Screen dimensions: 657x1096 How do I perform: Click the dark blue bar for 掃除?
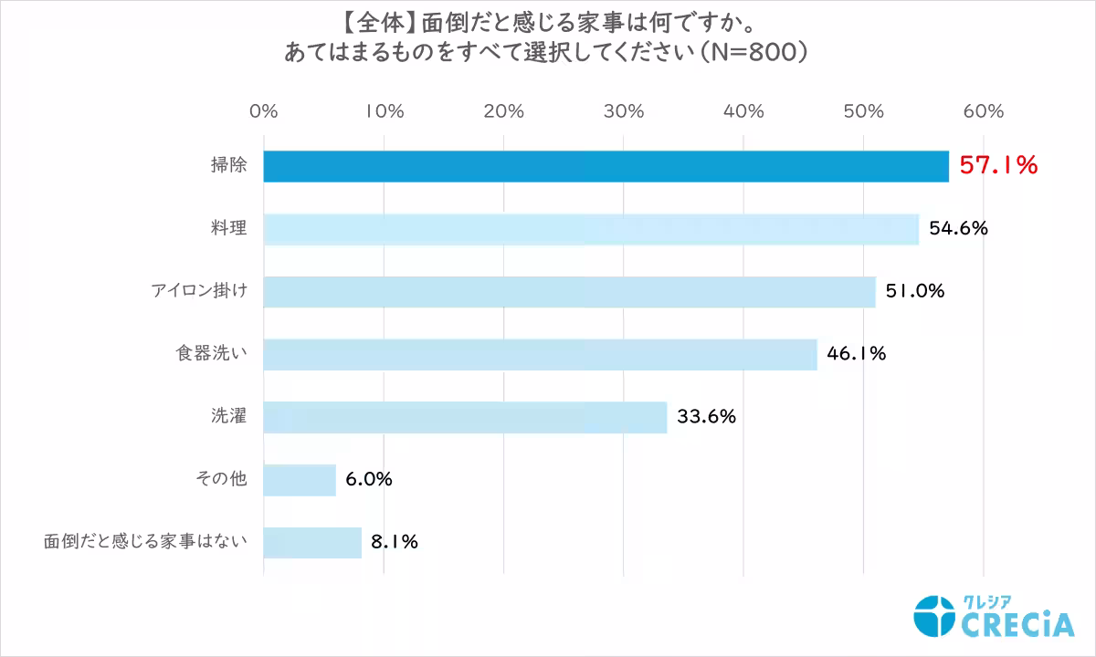click(606, 166)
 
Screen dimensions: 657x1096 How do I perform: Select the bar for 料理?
click(591, 229)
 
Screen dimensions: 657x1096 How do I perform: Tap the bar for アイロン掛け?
click(569, 292)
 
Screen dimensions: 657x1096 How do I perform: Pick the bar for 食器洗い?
click(540, 354)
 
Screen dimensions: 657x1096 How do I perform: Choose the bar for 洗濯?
click(465, 417)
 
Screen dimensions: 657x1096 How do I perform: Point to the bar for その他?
click(300, 480)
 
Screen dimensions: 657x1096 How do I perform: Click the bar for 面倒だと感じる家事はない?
click(312, 542)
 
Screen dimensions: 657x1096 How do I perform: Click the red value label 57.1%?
click(998, 165)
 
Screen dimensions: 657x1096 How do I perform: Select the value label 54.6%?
click(959, 229)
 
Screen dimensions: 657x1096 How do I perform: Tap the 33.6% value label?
click(706, 417)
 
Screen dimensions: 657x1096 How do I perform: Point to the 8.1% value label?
click(395, 542)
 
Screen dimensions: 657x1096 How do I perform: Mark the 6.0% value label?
click(369, 480)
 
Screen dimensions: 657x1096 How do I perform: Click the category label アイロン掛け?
click(198, 292)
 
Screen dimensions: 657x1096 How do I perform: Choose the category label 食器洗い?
click(211, 354)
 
